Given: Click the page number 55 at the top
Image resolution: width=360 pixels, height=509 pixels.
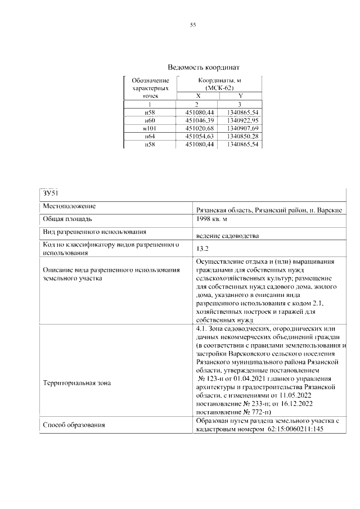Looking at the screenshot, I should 192,25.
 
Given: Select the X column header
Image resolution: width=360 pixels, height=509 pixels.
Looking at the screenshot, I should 197,96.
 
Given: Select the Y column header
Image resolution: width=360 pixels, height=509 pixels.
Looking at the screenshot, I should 240,96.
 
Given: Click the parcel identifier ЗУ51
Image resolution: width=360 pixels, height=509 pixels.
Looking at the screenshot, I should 51,193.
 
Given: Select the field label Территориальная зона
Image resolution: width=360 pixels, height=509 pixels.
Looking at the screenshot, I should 77,382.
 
